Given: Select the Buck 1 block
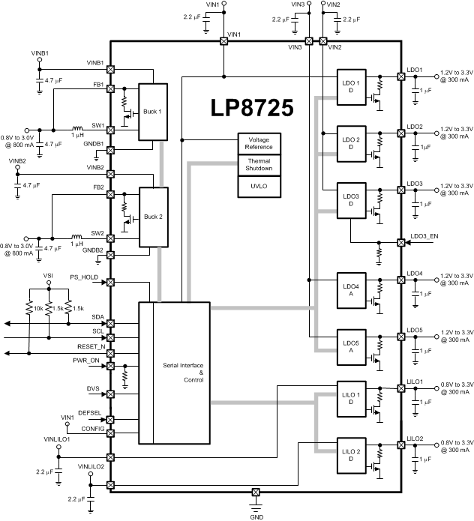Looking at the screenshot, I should tap(153, 111).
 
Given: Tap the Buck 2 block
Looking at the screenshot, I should tap(153, 216).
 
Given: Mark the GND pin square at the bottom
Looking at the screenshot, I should tap(255, 493).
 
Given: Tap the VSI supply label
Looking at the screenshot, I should tap(49, 276).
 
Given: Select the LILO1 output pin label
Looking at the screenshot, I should tap(415, 382).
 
